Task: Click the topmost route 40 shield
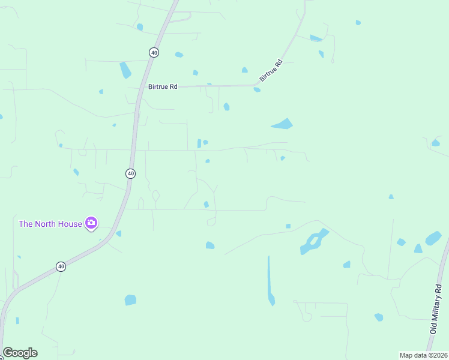pyautogui.click(x=154, y=53)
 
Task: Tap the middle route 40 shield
pyautogui.click(x=130, y=173)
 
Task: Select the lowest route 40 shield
pyautogui.click(x=61, y=266)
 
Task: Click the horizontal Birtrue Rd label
pyautogui.click(x=163, y=87)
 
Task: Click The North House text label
pyautogui.click(x=50, y=224)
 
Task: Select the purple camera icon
pyautogui.click(x=91, y=224)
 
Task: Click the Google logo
pyautogui.click(x=20, y=353)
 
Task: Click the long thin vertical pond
pyautogui.click(x=270, y=280)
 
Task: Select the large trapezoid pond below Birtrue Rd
pyautogui.click(x=283, y=124)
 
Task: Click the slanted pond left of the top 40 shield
pyautogui.click(x=125, y=70)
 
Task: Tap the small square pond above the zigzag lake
pyautogui.click(x=288, y=226)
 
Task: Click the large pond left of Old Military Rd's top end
pyautogui.click(x=433, y=238)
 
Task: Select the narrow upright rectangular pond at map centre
pyautogui.click(x=199, y=144)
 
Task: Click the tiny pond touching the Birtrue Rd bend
pyautogui.click(x=257, y=90)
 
